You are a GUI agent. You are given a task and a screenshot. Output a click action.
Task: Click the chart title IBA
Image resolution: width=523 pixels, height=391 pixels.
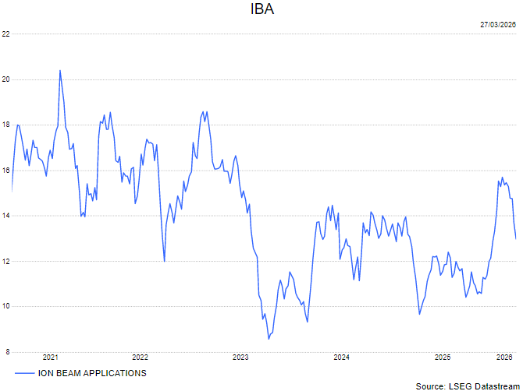coord(261,10)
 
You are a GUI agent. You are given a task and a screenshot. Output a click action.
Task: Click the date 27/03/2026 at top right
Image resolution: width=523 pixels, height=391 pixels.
coord(498,25)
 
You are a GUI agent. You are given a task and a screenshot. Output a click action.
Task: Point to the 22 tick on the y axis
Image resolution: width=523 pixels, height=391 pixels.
coord(5,33)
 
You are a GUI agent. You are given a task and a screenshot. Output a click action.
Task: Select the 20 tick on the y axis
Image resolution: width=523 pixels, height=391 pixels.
coord(5,79)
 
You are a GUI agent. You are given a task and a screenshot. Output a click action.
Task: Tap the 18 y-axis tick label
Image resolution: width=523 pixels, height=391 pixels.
coord(5,125)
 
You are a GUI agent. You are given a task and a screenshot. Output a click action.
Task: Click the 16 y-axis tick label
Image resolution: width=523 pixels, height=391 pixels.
coord(5,170)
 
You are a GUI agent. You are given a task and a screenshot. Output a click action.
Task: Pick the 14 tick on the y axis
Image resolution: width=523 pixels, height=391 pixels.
coord(5,216)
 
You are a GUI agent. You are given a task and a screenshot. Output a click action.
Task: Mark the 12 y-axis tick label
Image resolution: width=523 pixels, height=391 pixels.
coord(5,261)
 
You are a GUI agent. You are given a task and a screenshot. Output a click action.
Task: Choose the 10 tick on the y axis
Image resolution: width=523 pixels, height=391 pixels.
coord(5,306)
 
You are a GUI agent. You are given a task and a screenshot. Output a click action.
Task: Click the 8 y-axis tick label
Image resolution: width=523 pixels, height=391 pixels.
coord(5,352)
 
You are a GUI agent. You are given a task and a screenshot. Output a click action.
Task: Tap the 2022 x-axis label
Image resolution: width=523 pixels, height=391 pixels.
coord(140,358)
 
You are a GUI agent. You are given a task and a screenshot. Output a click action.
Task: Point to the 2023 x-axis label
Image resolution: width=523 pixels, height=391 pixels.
coord(240,358)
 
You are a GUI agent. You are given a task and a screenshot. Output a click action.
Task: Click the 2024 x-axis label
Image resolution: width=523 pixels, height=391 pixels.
coord(341,358)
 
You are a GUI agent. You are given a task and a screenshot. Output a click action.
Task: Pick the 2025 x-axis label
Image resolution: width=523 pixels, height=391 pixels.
coord(442,358)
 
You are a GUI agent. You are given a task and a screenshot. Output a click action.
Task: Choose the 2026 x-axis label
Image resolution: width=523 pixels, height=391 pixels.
coord(504,358)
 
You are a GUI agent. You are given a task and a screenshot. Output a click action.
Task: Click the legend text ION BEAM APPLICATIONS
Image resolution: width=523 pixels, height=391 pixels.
coord(92,373)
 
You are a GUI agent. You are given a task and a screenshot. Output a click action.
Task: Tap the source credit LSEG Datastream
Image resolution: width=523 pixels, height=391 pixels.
coord(466,386)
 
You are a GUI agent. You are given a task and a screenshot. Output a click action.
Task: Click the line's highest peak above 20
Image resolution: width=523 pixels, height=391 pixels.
coord(60,70)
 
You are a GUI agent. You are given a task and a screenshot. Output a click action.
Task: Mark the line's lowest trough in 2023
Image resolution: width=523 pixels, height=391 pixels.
coord(269,338)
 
